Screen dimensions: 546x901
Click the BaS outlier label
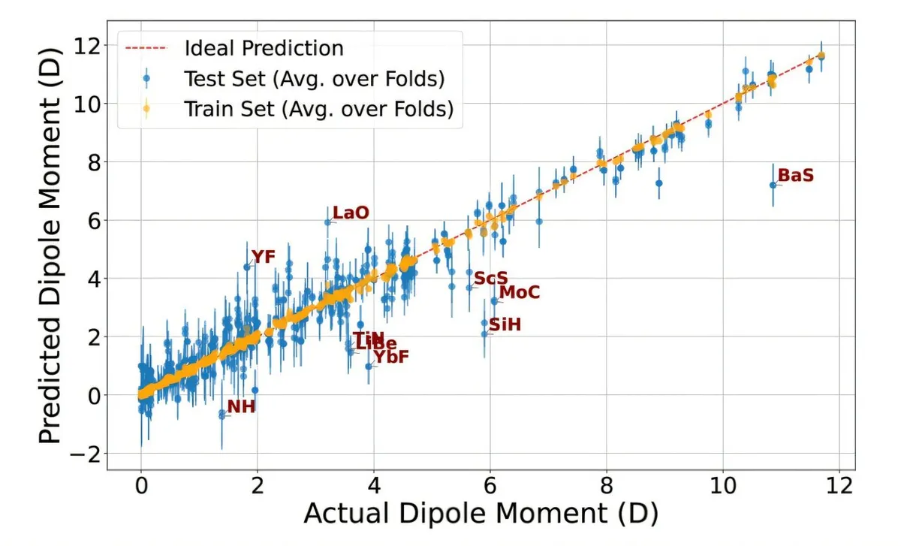point(795,176)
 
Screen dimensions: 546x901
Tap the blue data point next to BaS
point(773,185)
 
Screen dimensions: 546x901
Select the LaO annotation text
point(351,213)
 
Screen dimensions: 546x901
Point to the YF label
point(263,257)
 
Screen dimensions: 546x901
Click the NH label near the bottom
point(241,408)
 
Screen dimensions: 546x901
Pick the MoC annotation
point(519,292)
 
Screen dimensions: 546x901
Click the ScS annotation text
point(491,279)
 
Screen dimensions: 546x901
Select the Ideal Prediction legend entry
point(264,48)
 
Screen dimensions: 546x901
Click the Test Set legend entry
point(315,78)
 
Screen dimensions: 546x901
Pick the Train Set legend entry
point(318,109)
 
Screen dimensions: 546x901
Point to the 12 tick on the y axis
point(88,45)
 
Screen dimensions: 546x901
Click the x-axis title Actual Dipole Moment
point(481,514)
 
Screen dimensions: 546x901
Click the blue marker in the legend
point(146,78)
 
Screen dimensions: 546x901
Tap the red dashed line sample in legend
point(146,48)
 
